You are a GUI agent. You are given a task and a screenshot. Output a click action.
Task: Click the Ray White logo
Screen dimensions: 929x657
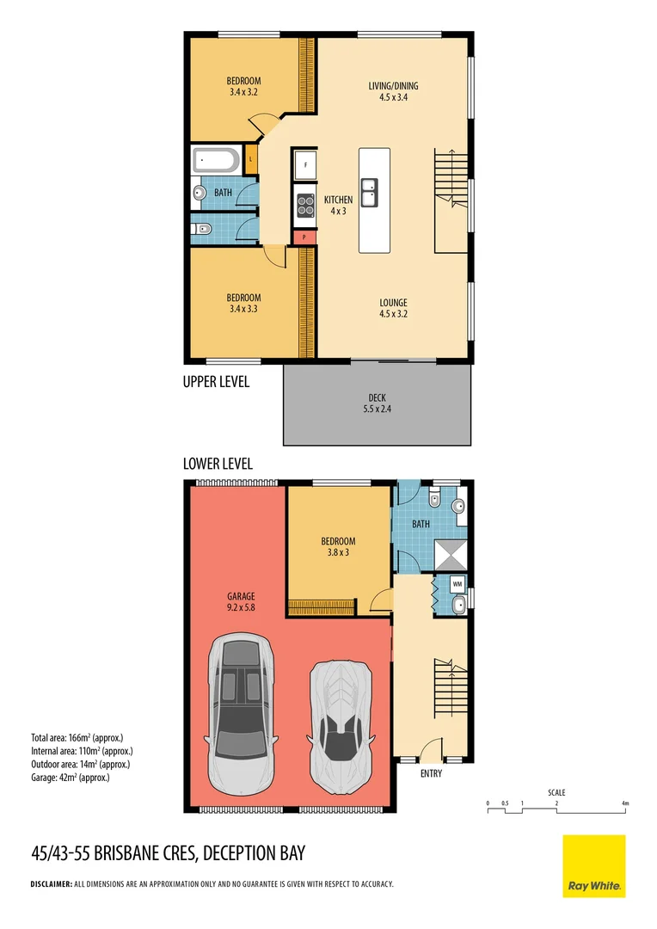click(594, 865)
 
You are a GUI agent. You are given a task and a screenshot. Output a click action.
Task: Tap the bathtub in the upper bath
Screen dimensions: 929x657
click(217, 160)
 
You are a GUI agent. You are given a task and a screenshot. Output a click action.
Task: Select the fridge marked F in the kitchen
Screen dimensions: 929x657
click(304, 164)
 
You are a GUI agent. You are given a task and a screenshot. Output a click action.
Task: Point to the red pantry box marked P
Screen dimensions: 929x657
click(304, 237)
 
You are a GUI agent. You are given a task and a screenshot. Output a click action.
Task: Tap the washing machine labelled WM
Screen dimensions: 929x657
click(457, 584)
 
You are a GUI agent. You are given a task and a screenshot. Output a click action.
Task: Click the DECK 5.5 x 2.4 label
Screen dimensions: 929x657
click(377, 403)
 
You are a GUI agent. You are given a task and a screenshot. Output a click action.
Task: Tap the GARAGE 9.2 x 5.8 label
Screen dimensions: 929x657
click(241, 601)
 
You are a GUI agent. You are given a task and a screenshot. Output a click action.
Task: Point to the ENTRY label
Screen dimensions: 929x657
click(431, 774)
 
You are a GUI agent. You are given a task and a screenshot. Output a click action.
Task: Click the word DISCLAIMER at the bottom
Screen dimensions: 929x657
click(51, 883)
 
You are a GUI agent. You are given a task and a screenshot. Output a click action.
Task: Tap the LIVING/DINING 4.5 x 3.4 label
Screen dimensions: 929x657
click(393, 91)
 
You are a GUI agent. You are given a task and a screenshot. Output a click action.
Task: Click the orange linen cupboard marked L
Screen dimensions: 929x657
click(250, 159)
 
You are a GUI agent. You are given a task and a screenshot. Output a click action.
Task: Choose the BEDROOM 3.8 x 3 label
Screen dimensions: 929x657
click(338, 546)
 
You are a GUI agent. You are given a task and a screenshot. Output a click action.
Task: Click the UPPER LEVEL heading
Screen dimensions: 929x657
click(216, 382)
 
